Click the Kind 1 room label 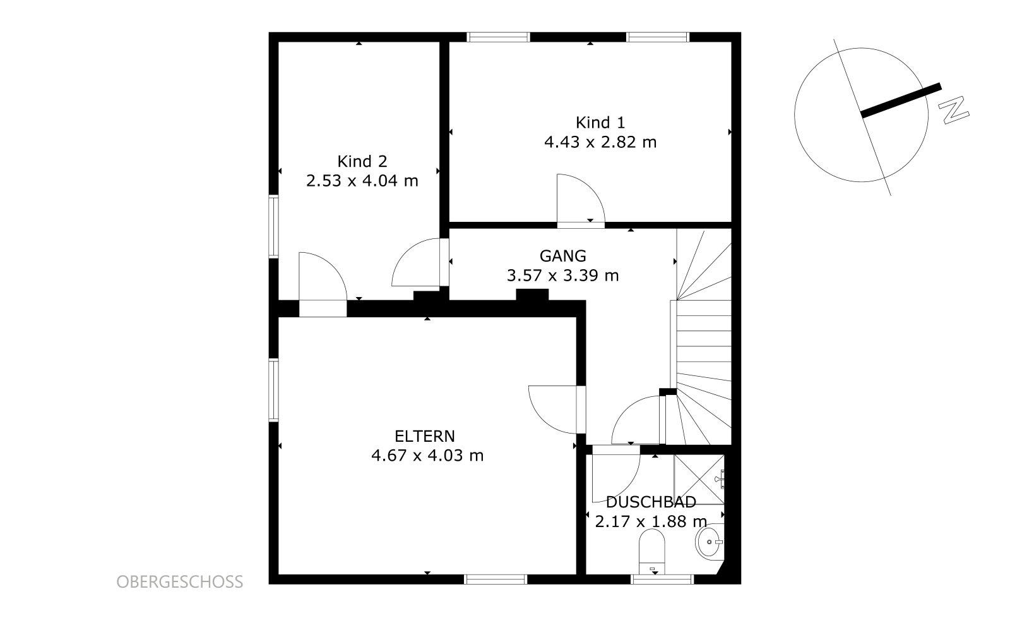pos(600,123)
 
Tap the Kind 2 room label pos(362,161)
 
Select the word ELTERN pos(425,436)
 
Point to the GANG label pos(562,256)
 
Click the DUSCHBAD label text pos(651,502)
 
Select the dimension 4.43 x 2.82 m pos(600,142)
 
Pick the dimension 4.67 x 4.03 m pos(427,456)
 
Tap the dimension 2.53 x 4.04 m pos(362,181)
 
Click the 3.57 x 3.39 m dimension pos(562,276)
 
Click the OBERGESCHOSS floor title pos(180,582)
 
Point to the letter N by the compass pos(953,109)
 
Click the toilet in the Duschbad pos(652,552)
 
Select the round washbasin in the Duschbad pos(710,542)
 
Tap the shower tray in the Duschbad pos(699,479)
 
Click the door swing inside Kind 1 pos(581,198)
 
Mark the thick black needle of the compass pos(901,100)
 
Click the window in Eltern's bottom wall pos(496,579)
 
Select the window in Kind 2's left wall pos(273,227)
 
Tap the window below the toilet pos(662,579)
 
